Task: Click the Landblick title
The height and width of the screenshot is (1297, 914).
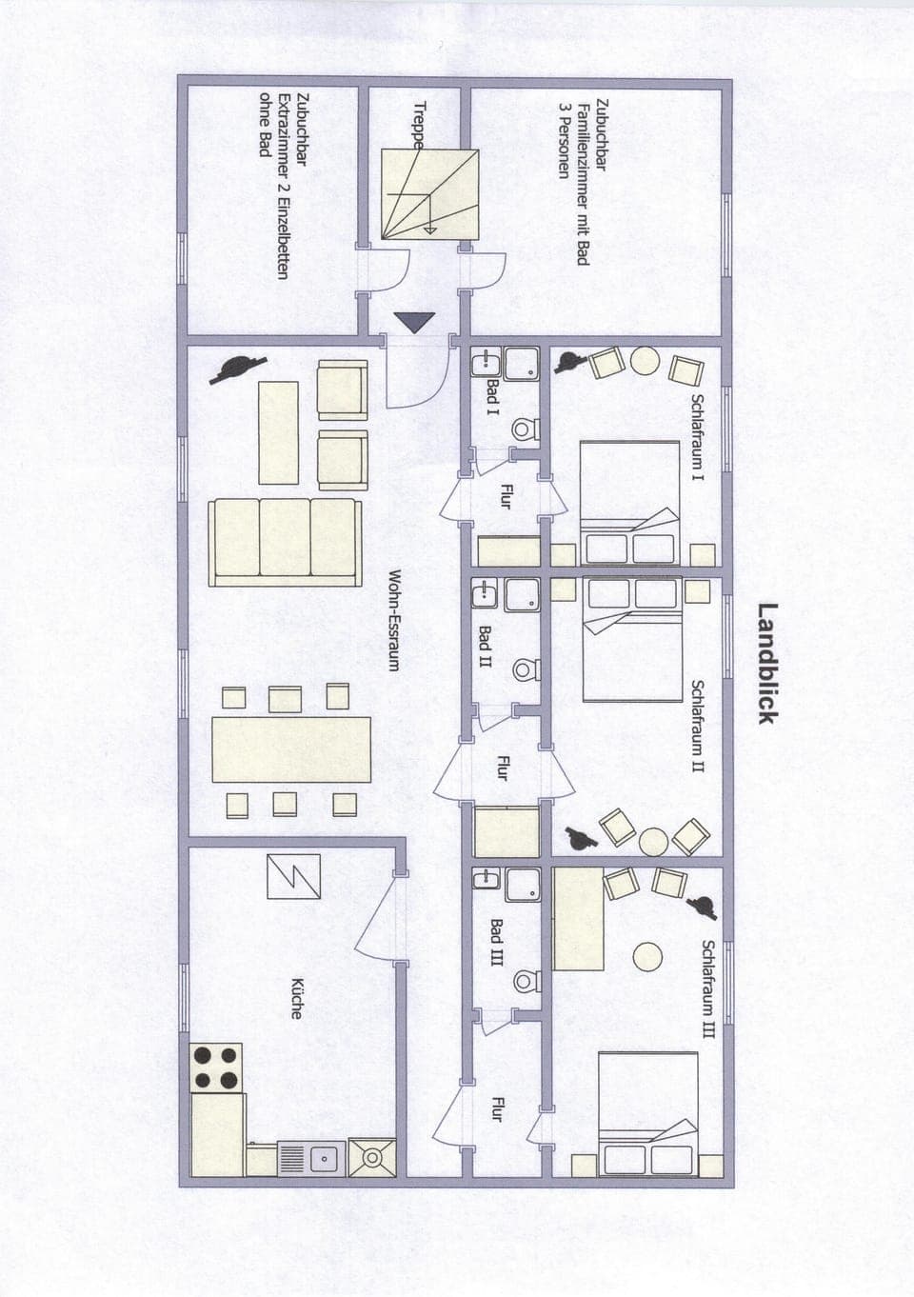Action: point(768,663)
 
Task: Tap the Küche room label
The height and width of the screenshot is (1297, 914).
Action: point(296,998)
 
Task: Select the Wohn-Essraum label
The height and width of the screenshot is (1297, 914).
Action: point(393,620)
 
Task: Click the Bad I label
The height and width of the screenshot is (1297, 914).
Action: point(492,398)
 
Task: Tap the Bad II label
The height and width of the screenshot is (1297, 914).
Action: point(485,647)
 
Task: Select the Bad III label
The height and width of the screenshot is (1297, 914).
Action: point(496,942)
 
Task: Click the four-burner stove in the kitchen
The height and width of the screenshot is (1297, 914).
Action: point(216,1068)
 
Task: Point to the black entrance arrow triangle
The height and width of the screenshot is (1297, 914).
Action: point(415,323)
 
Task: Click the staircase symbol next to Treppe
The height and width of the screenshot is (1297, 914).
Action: point(428,194)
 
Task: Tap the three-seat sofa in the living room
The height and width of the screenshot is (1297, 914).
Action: point(287,541)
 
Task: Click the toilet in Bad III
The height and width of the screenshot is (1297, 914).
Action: point(524,981)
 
